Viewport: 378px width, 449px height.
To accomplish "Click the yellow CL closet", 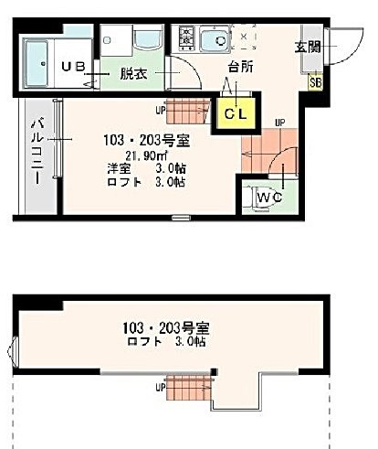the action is (236, 112).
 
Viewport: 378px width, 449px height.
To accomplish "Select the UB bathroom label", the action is (73, 67).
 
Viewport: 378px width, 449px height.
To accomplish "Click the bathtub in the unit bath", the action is (37, 63).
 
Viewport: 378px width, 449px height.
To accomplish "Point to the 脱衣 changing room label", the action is (133, 73).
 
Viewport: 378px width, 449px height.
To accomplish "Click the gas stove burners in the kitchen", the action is (186, 38).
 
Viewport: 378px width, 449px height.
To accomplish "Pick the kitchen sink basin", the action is (215, 40).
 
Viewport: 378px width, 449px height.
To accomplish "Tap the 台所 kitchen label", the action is (241, 67).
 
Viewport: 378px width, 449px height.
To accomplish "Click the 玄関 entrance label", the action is (308, 47).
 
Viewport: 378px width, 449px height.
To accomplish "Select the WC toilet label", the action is (270, 198).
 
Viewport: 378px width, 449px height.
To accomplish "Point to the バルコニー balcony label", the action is (37, 152).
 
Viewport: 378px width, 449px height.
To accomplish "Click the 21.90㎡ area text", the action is (147, 155).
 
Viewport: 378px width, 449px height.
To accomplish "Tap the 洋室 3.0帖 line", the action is (146, 168).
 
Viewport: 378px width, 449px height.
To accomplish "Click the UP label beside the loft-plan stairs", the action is (161, 388).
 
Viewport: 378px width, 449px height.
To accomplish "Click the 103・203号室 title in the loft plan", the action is (166, 328).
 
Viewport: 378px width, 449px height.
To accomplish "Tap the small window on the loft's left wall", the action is (12, 349).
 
